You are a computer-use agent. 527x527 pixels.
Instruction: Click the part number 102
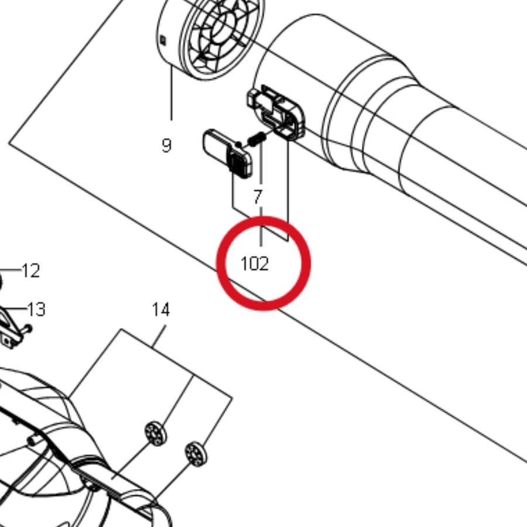(255, 263)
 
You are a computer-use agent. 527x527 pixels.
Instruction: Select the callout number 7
(258, 197)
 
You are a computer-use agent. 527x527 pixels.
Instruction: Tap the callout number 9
(167, 146)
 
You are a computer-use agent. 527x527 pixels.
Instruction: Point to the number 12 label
(31, 271)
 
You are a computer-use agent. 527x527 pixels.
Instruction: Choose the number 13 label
(36, 309)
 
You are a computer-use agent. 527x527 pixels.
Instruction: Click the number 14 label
(161, 309)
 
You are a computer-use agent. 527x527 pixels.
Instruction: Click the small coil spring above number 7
(257, 138)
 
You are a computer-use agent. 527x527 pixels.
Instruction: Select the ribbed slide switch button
(228, 153)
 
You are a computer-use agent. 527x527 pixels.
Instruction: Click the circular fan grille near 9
(223, 33)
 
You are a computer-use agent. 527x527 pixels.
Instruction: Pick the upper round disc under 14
(155, 433)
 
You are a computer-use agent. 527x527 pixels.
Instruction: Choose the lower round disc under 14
(196, 454)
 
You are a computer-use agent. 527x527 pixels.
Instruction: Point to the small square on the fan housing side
(163, 40)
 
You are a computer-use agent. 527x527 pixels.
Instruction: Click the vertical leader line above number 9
(172, 93)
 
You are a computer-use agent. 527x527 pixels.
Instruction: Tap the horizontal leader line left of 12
(11, 269)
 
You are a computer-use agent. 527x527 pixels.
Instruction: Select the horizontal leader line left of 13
(15, 308)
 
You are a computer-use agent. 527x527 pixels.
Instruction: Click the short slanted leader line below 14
(159, 336)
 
